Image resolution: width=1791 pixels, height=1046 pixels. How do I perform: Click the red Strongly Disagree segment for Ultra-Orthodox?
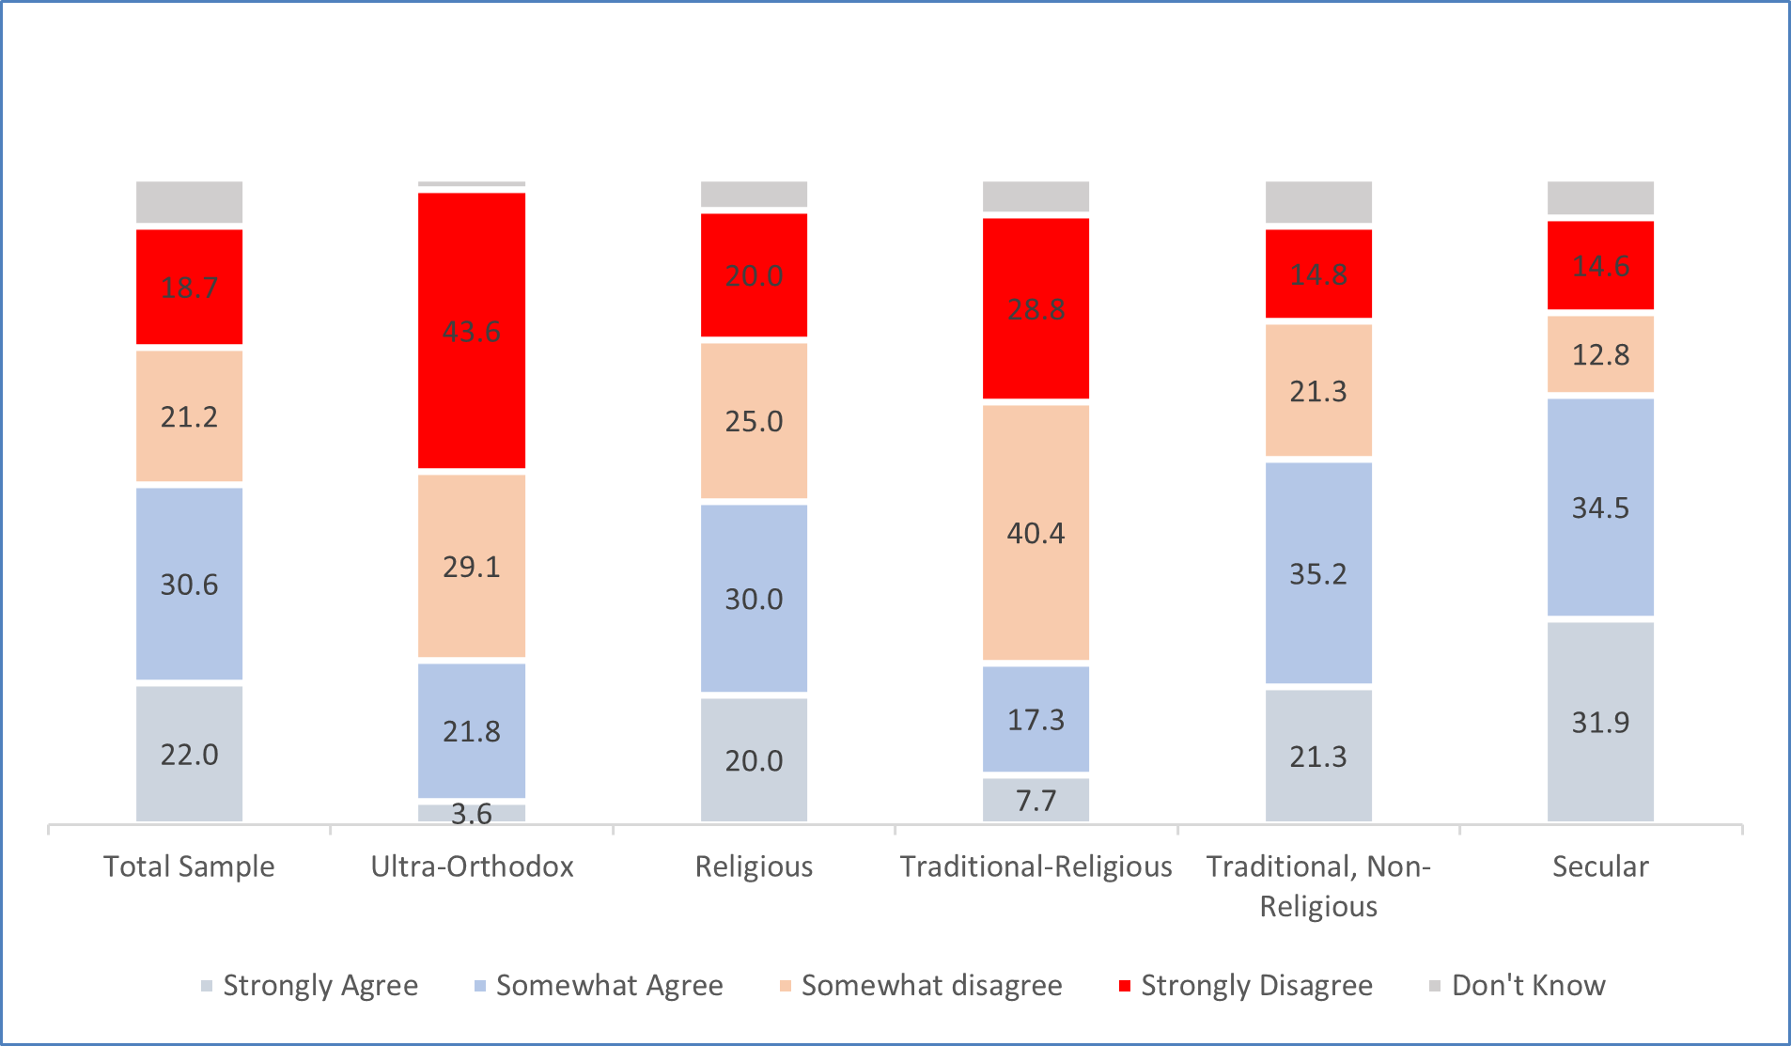coord(472,330)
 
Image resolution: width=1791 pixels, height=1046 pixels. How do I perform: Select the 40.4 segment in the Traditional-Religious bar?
coord(1036,532)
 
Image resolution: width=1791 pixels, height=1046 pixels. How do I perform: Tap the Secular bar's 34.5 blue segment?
coord(1600,507)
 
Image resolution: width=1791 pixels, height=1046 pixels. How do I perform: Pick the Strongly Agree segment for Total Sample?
coord(189,754)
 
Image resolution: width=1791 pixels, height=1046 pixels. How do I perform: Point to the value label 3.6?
coord(471,813)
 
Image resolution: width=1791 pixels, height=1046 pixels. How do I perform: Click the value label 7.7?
coord(1036,801)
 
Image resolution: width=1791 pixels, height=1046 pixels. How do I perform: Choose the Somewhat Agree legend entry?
coord(599,985)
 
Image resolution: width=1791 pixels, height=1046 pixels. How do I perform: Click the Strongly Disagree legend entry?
coord(1245,985)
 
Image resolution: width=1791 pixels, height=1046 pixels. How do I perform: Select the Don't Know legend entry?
coord(1517,985)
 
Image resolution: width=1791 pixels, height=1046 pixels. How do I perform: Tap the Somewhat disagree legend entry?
coord(921,985)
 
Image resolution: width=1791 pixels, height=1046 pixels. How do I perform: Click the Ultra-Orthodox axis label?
coord(472,866)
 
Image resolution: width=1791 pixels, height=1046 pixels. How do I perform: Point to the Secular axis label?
coord(1600,866)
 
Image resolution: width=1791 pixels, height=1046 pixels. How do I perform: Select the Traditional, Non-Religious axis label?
coord(1318,885)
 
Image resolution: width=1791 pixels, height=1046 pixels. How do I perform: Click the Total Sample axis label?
coord(189,866)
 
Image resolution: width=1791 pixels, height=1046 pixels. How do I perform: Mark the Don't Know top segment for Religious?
coord(754,194)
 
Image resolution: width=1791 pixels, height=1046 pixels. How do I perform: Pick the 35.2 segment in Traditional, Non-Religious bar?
coord(1318,573)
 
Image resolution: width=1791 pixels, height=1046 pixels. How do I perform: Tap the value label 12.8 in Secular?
coord(1600,355)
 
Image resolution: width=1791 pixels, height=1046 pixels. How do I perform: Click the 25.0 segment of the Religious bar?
coord(754,421)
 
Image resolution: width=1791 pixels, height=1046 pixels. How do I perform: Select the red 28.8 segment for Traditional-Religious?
coord(1036,308)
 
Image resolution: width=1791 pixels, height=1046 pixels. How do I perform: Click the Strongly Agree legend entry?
coord(310,985)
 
